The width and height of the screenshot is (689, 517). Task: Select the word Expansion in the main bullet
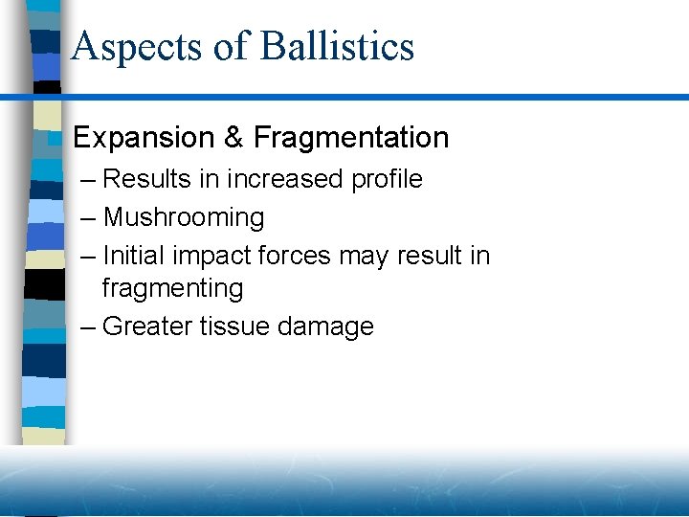(144, 138)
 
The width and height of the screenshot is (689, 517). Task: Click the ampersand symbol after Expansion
(233, 138)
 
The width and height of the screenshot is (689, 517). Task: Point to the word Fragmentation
(351, 138)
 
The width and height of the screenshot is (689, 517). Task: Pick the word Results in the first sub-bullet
(144, 179)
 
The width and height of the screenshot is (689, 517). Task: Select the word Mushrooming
(184, 218)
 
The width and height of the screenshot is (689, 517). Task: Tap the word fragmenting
(172, 288)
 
